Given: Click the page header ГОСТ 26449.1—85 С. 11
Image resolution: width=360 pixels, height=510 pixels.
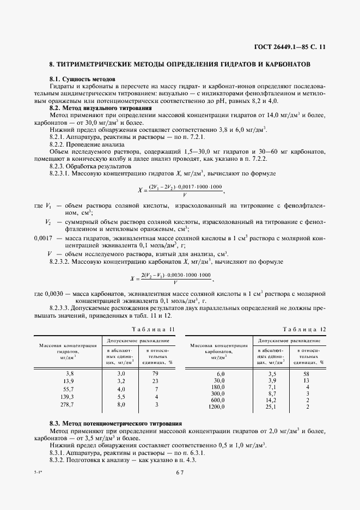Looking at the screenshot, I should coord(293,47).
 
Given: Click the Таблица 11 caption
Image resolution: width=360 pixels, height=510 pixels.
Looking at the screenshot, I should coord(155,329).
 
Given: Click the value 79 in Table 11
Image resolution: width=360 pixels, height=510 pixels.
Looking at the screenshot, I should coord(155,373).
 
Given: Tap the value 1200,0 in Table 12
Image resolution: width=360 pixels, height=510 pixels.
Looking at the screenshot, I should coord(218,406).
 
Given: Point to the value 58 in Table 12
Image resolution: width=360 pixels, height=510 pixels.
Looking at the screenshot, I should coord(307,373).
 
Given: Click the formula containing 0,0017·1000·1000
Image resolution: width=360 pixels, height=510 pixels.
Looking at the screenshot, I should coord(180,190).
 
